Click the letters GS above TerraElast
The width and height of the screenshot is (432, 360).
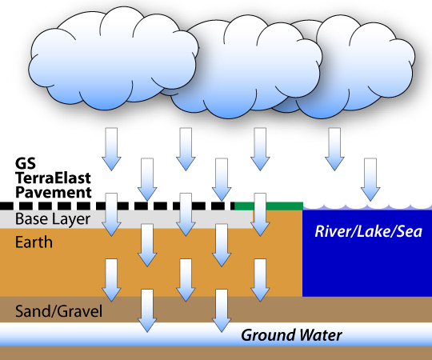[26, 163]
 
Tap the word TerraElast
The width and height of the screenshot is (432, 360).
[53, 178]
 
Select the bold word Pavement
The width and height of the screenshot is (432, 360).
[54, 192]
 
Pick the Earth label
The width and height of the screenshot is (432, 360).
[34, 242]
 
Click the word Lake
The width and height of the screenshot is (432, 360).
[373, 231]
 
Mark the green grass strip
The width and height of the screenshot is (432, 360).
[269, 206]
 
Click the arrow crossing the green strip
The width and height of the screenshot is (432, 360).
[260, 214]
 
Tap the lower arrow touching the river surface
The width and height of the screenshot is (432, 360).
[370, 179]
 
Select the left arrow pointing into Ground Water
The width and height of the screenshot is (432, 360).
[147, 310]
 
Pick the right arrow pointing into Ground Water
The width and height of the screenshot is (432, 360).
[222, 310]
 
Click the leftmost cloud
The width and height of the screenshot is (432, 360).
[113, 59]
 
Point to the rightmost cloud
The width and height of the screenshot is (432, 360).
[358, 66]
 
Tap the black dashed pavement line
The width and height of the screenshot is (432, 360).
[117, 206]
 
